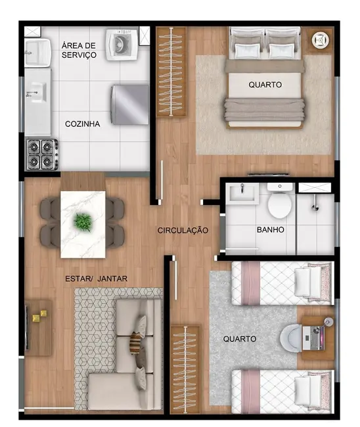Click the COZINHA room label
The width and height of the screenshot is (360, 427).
(82, 124)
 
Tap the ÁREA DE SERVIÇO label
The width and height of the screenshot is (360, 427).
(79, 50)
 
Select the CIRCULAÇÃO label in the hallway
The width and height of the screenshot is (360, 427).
(183, 231)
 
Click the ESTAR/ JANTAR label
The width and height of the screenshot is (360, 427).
(96, 279)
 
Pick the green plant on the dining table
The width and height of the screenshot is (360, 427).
(83, 221)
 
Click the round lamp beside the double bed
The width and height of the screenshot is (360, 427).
(321, 40)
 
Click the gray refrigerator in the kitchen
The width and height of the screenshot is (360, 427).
(129, 104)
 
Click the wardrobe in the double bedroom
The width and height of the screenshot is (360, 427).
(171, 72)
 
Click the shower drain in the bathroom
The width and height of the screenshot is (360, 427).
(315, 206)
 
